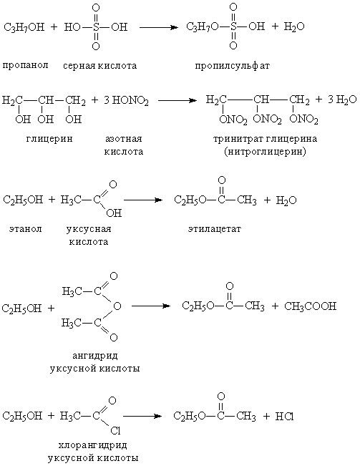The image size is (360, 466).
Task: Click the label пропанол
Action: pos(25,65)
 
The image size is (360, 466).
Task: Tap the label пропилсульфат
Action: pos(233,66)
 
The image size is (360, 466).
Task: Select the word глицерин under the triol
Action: pos(49,139)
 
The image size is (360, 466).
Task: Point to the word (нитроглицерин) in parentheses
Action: pos(265,152)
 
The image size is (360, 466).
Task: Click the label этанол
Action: pos(26,229)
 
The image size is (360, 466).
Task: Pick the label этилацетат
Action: pos(215,229)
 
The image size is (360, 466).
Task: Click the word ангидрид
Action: pos(95,356)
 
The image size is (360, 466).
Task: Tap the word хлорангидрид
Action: pos(93,445)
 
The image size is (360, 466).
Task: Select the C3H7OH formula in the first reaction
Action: pos(24,28)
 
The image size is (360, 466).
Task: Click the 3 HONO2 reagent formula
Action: pos(126,101)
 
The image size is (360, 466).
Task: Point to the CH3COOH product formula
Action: pos(310,306)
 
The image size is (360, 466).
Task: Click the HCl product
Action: pos(284,417)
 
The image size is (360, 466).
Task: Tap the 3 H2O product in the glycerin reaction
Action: pos(342,100)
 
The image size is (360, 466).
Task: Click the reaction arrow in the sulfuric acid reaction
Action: pos(159,28)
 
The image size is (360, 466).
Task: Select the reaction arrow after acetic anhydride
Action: pos(151,306)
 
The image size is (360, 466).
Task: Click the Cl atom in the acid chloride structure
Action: pos(115,430)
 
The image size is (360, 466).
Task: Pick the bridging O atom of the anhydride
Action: pos(117,306)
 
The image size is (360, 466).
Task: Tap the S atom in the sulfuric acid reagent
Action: pos(96,28)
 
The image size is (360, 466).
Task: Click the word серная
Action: pos(79,66)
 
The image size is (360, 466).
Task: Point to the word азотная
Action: pos(124,139)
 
